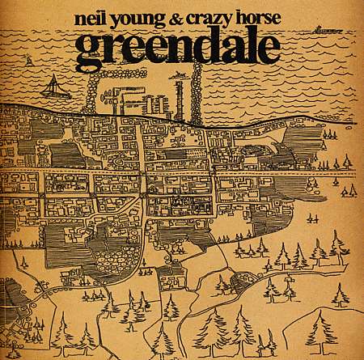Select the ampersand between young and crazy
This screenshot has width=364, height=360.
180,19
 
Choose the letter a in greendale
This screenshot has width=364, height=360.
229,51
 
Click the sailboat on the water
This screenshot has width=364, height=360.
53,87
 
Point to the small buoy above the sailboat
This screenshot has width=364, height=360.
30,61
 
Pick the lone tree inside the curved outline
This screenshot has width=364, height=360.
222,283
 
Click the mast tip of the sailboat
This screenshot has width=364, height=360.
53,75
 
